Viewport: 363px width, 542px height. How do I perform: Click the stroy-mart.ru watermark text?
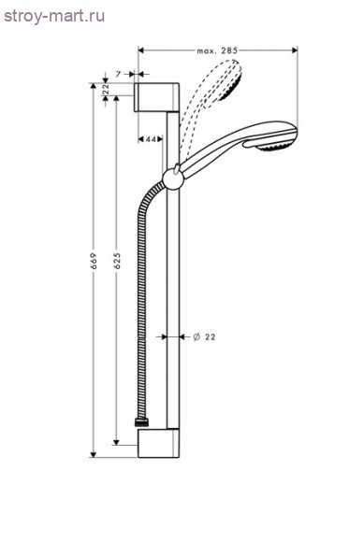point(54,16)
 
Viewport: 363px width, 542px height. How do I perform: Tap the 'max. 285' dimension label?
point(217,50)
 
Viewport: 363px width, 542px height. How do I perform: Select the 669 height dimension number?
point(94,261)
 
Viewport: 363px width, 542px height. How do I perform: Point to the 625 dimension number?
point(117,261)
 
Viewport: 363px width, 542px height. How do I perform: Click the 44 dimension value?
point(151,139)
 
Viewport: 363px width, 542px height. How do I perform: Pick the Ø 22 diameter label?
point(204,336)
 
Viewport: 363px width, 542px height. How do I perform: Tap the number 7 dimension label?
point(118,74)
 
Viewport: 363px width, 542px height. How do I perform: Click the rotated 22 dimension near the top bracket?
point(106,89)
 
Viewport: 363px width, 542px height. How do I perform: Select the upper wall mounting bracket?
point(156,97)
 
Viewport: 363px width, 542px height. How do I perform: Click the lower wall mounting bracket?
point(158,444)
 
